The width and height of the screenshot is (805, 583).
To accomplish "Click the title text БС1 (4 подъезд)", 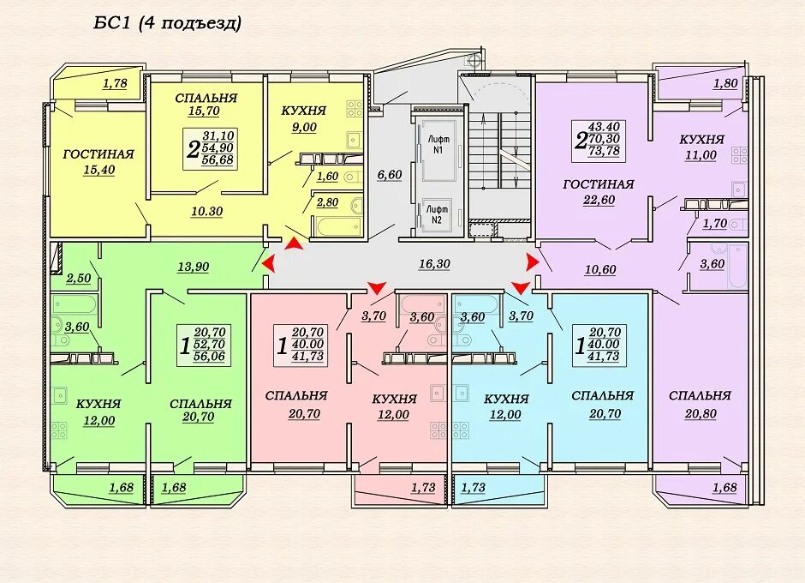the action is click(167, 24).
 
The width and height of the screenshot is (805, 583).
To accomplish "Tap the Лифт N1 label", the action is click(437, 144).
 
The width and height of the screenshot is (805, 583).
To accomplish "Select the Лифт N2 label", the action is click(437, 214).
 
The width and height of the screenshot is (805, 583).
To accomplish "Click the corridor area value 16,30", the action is click(434, 264).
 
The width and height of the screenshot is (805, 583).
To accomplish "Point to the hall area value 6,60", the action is click(389, 175).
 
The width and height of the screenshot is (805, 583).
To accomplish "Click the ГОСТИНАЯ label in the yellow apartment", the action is click(98, 154).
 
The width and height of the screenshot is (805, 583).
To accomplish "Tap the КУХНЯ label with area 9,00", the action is click(303, 111).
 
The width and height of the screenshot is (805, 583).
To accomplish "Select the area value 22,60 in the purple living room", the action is click(599, 200).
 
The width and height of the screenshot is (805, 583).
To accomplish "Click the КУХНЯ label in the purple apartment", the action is click(702, 140).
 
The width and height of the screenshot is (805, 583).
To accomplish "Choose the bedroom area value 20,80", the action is click(701, 414).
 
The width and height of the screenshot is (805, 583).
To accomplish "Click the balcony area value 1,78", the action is click(115, 83).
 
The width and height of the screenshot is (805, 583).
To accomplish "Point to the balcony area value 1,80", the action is click(725, 83).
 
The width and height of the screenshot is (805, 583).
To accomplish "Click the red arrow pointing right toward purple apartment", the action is click(533, 262).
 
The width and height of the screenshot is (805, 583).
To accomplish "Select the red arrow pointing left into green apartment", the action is click(268, 264).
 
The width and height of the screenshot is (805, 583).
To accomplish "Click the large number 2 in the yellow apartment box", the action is click(193, 150).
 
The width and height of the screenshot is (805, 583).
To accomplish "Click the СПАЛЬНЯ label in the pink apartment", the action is click(296, 395).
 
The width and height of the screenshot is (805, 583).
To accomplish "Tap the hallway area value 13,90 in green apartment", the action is click(193, 267).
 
